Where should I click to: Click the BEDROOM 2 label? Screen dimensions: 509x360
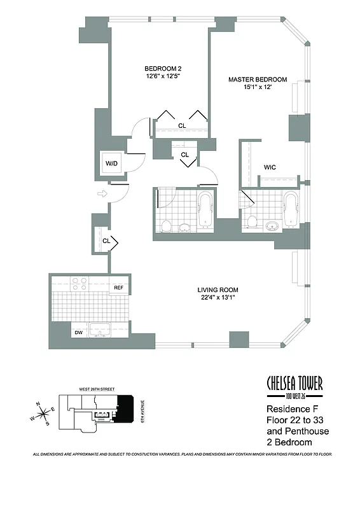click(159, 69)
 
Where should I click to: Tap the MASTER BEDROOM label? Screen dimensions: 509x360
click(258, 80)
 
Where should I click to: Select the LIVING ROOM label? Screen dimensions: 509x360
click(218, 290)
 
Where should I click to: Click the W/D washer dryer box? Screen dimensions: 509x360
click(112, 164)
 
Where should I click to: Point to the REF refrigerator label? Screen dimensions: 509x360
click(118, 288)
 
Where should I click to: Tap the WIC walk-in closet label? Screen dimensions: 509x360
click(270, 168)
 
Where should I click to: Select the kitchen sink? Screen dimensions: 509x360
click(99, 330)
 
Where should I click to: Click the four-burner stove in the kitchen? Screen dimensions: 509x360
click(80, 284)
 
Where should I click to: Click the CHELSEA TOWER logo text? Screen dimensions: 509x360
click(293, 383)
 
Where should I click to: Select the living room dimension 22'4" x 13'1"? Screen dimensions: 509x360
click(218, 298)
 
